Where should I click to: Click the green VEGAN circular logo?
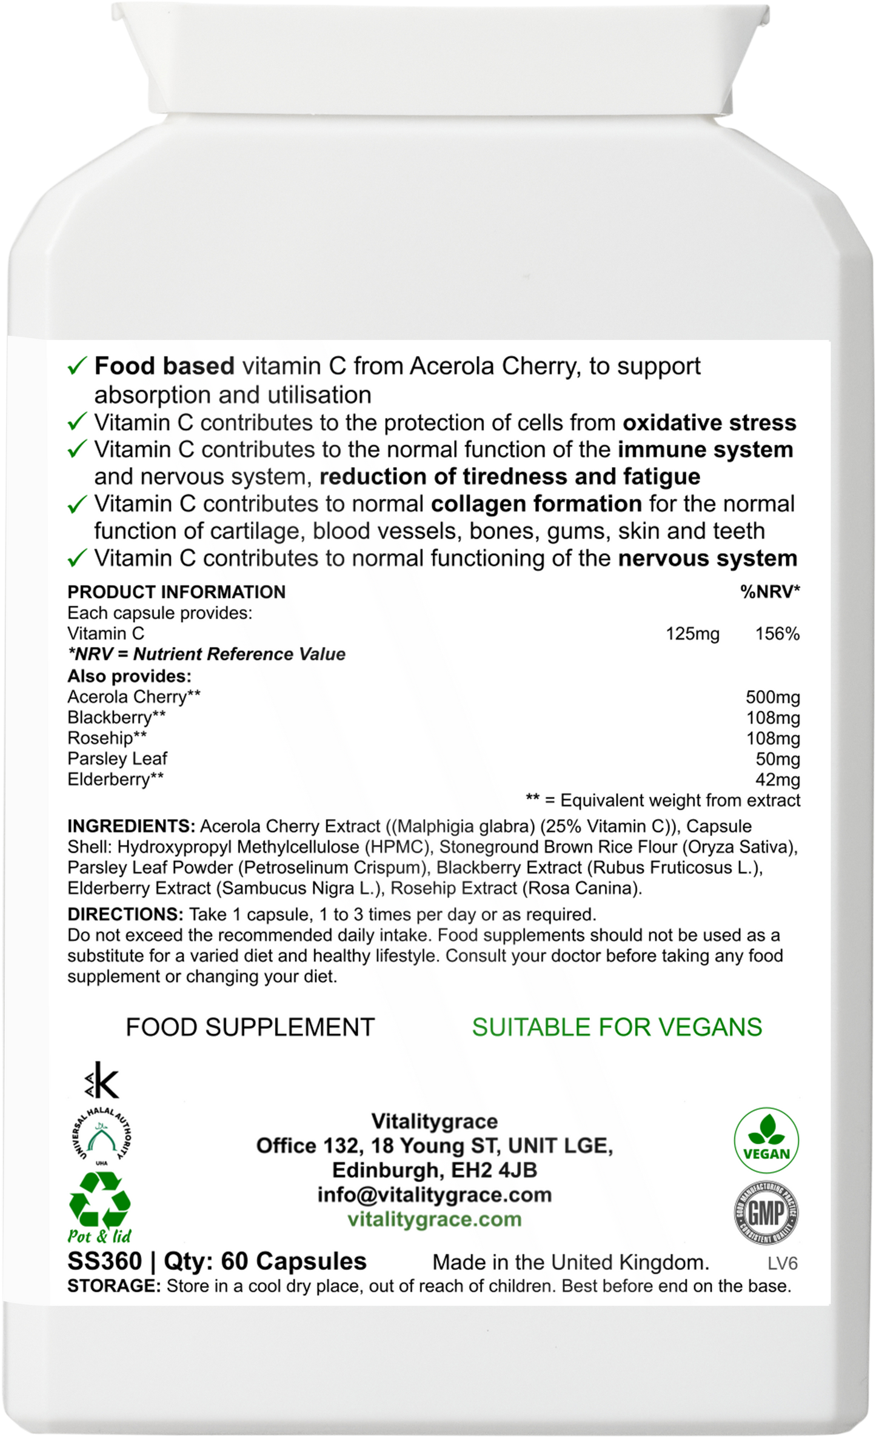tap(766, 1143)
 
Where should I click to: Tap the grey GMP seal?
tap(766, 1212)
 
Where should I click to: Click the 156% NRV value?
tap(777, 634)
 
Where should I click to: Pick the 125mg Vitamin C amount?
tap(692, 634)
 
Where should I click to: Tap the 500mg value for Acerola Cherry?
tap(772, 697)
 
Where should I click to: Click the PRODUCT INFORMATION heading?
tap(176, 592)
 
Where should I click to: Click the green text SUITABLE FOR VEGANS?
tap(617, 1027)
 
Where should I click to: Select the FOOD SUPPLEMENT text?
tap(250, 1027)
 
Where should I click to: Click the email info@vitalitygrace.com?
tap(434, 1194)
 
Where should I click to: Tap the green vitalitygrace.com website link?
tap(434, 1218)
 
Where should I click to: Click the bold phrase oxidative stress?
tap(709, 422)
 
